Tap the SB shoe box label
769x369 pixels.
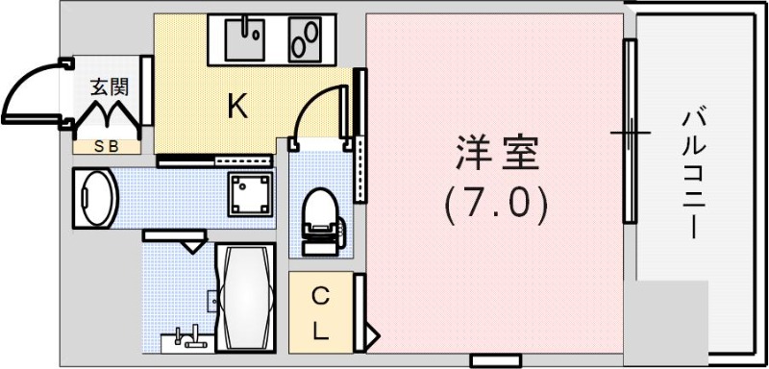pyautogui.click(x=109, y=146)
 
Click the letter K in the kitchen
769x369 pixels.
pyautogui.click(x=236, y=107)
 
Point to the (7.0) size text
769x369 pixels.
pyautogui.click(x=496, y=203)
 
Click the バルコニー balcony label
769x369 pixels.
pyautogui.click(x=691, y=173)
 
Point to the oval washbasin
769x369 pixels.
pyautogui.click(x=95, y=199)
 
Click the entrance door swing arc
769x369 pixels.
pyautogui.click(x=29, y=91)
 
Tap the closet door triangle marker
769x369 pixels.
pyautogui.click(x=372, y=336)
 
